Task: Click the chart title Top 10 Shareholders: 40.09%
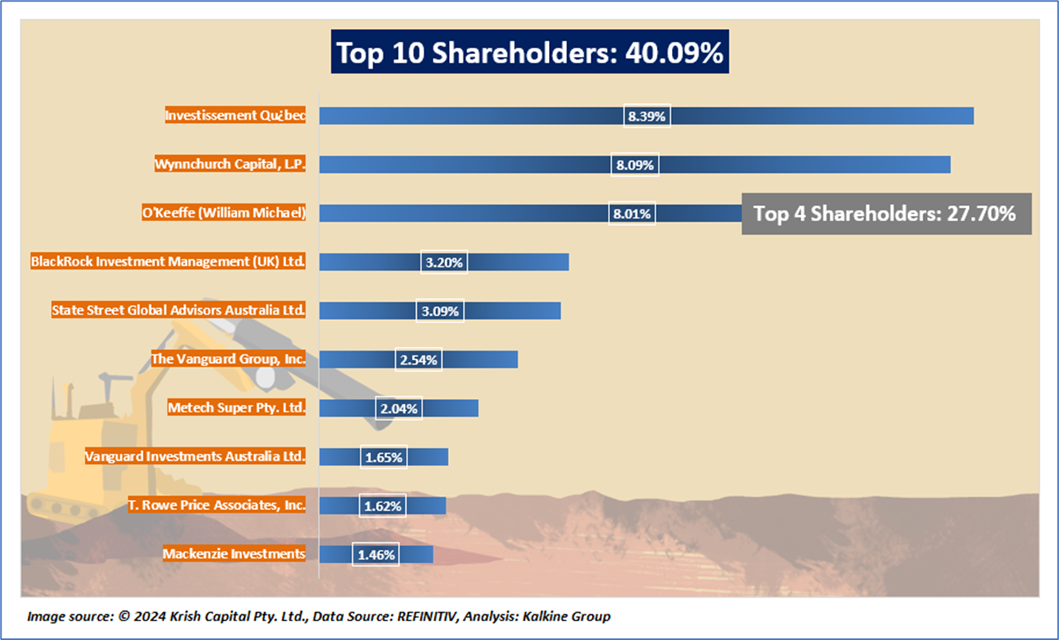coord(529,52)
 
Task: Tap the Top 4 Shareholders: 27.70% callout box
coord(885,214)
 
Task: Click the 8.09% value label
coord(634,165)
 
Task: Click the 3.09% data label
coord(440,311)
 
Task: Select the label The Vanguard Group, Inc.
coord(228,359)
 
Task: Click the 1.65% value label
coord(383,457)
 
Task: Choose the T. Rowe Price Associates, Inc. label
coord(217,505)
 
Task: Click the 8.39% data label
coord(647,117)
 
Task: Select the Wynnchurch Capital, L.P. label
coord(229,164)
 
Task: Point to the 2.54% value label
coord(418,360)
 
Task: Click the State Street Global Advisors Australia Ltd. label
coord(178,310)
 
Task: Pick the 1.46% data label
coord(376,555)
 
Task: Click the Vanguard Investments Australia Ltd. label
coord(195,456)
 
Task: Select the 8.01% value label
coord(632,214)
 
